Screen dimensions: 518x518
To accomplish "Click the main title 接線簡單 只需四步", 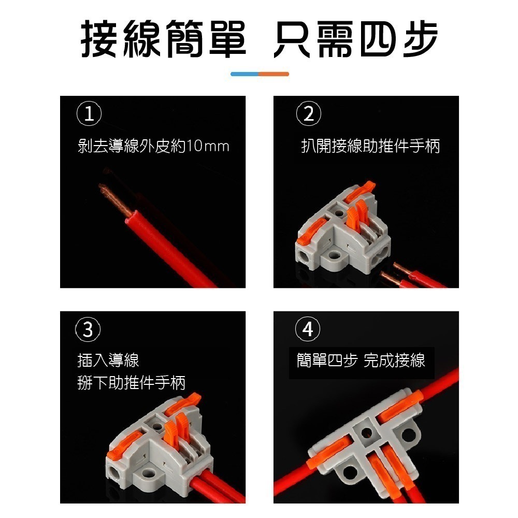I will [x=259, y=39].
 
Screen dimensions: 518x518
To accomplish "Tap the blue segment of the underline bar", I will [x=244, y=74].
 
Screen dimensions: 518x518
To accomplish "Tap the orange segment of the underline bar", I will [x=274, y=74].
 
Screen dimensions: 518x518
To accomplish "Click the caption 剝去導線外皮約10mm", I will [x=153, y=147].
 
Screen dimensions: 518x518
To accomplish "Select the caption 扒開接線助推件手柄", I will [x=370, y=147].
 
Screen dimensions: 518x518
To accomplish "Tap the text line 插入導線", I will [x=108, y=360].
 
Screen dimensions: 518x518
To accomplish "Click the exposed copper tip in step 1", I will [x=114, y=200].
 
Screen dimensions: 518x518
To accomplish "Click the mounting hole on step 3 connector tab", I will [x=149, y=472].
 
